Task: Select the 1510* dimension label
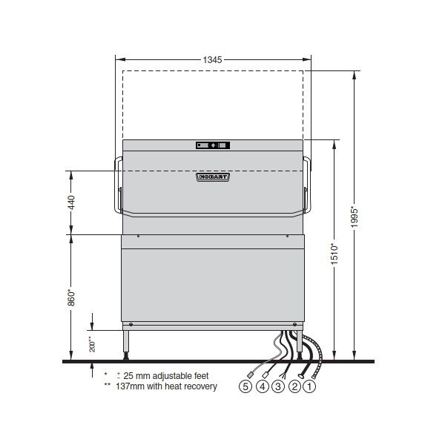point(334,256)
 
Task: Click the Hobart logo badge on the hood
point(212,177)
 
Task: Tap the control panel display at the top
point(213,145)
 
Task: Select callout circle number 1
point(311,386)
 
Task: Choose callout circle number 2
point(294,386)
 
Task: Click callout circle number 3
point(278,386)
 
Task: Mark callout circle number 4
point(262,386)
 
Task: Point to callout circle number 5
point(245,386)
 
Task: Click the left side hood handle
point(116,185)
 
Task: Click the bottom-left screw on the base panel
point(131,324)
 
